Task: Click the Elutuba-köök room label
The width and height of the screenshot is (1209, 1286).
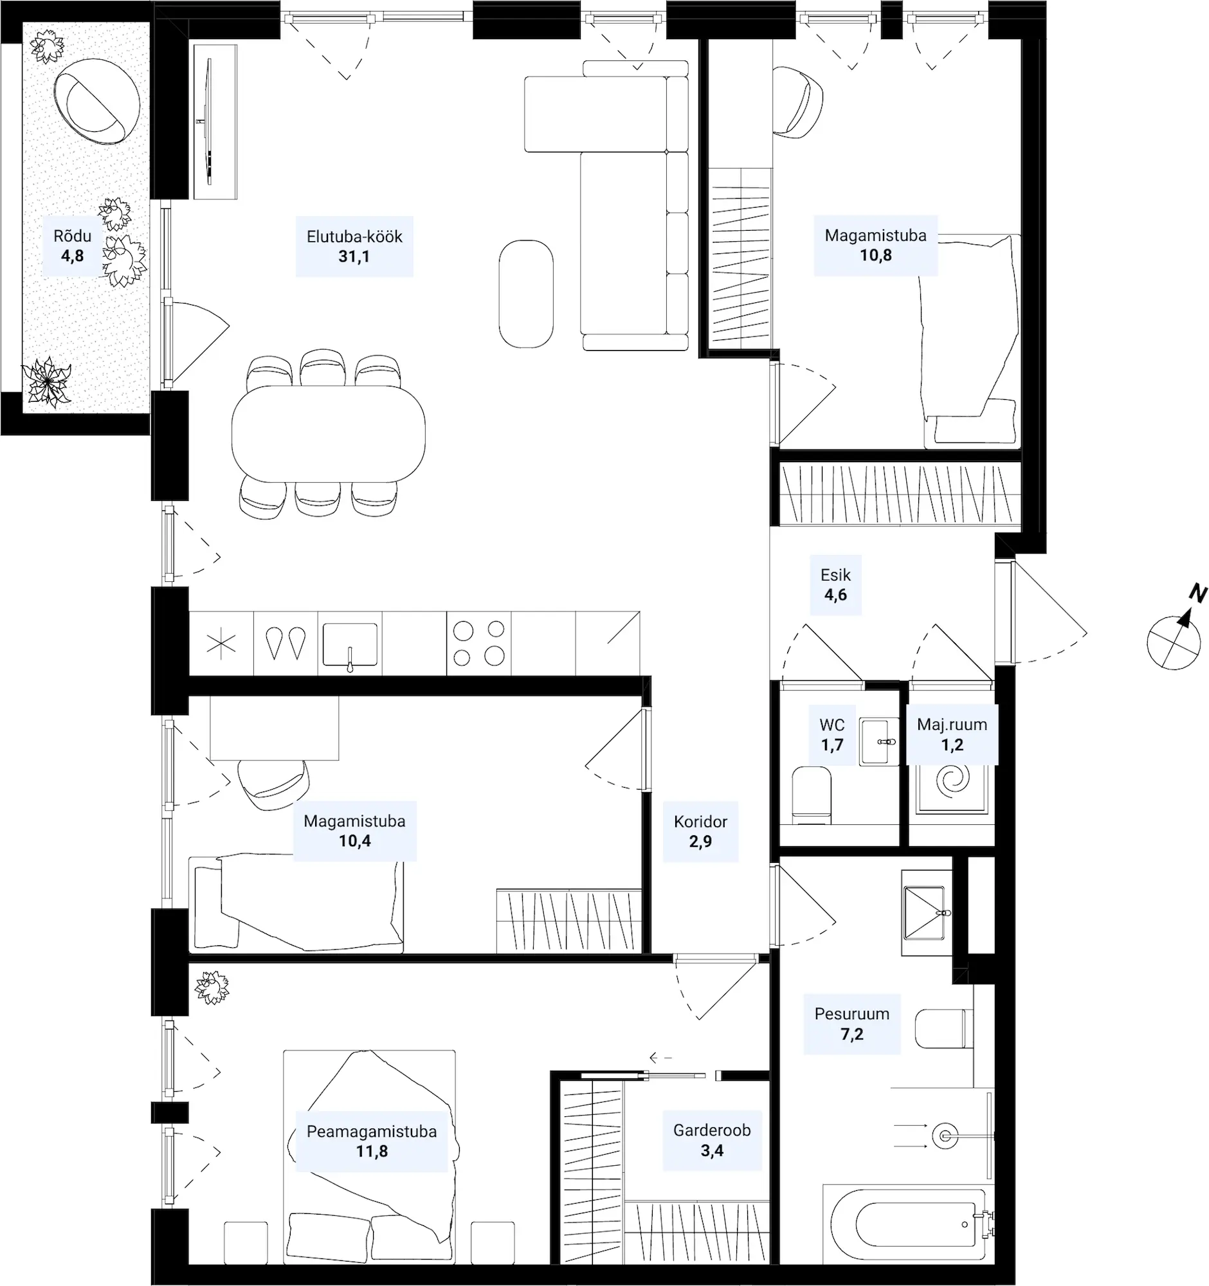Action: (354, 237)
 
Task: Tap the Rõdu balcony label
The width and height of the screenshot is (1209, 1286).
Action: (73, 236)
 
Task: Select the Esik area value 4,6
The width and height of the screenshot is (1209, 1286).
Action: (835, 595)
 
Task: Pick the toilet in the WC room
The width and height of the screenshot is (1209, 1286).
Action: (812, 795)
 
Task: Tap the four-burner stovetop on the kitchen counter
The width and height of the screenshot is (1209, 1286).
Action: (478, 643)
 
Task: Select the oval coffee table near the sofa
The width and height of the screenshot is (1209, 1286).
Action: (526, 294)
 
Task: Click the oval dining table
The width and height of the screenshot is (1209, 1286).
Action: (329, 433)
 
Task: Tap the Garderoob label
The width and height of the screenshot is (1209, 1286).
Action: (711, 1130)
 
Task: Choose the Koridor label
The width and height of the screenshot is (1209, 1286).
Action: (700, 822)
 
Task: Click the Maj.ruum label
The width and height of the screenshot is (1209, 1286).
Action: (952, 725)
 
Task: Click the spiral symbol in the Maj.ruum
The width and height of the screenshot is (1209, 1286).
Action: (953, 781)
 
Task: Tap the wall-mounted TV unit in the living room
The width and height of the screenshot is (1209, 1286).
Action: (215, 121)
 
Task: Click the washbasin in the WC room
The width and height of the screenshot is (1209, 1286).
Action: (879, 741)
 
